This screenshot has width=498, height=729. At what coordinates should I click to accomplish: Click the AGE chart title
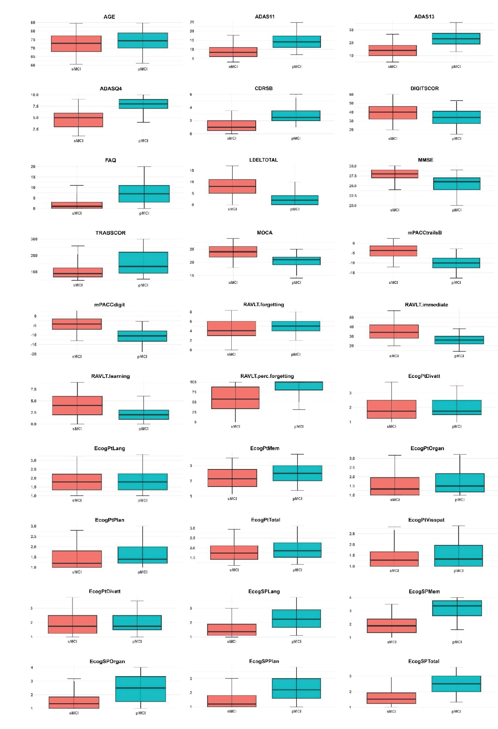point(109,17)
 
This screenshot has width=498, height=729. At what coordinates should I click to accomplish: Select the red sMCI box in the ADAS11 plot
point(233,52)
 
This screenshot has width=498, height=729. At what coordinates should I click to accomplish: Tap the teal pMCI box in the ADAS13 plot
point(456,39)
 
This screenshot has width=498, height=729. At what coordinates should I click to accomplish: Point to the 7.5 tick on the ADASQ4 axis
point(35,106)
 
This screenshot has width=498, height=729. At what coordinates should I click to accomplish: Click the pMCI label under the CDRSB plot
point(296,139)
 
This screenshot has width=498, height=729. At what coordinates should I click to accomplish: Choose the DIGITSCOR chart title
point(424,89)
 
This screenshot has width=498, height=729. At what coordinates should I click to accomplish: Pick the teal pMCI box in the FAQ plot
point(144,194)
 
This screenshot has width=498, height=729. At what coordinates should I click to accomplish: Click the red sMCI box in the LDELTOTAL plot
point(232,186)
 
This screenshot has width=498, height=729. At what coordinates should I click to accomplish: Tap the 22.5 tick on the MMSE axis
point(353,196)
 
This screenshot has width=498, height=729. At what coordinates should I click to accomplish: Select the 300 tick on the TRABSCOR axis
point(34,239)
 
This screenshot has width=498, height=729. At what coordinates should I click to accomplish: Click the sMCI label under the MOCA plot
point(233,282)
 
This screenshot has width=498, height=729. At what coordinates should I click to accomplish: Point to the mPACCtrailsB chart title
point(425,233)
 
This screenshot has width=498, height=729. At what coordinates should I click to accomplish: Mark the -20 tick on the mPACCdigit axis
point(34,354)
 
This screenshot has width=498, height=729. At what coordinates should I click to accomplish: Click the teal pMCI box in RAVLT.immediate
point(459,340)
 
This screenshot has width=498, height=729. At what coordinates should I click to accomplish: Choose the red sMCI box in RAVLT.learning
point(77,405)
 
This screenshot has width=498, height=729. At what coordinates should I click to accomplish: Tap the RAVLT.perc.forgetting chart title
point(267,376)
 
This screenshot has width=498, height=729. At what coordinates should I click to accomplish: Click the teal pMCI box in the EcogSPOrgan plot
point(141,689)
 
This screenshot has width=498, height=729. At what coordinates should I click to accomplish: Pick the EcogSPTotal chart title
point(424,661)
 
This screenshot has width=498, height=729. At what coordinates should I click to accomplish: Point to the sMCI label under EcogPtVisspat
point(394,571)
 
